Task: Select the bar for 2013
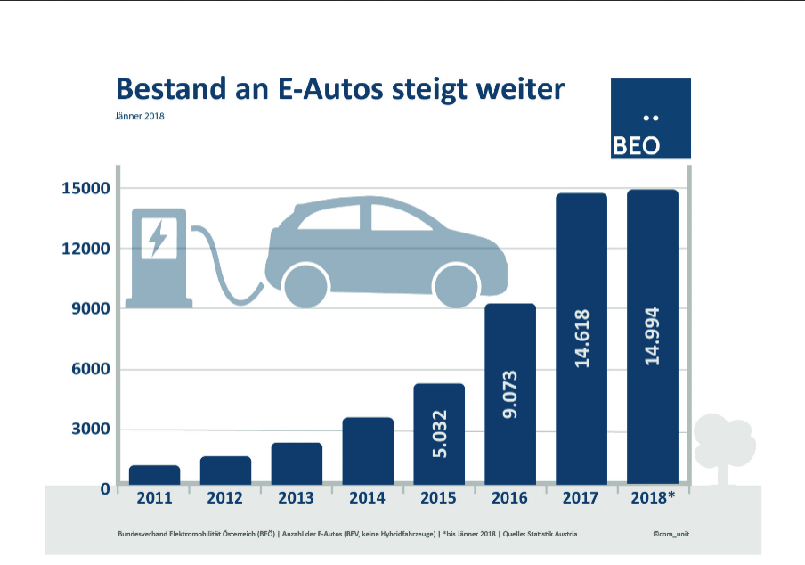click(x=297, y=463)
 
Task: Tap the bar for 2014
click(x=368, y=451)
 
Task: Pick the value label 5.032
click(x=438, y=434)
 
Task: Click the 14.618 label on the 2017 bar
click(x=581, y=339)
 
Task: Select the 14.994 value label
click(x=653, y=338)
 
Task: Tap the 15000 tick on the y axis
click(x=85, y=189)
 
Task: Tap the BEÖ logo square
click(x=651, y=118)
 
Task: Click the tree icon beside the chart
click(x=723, y=446)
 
